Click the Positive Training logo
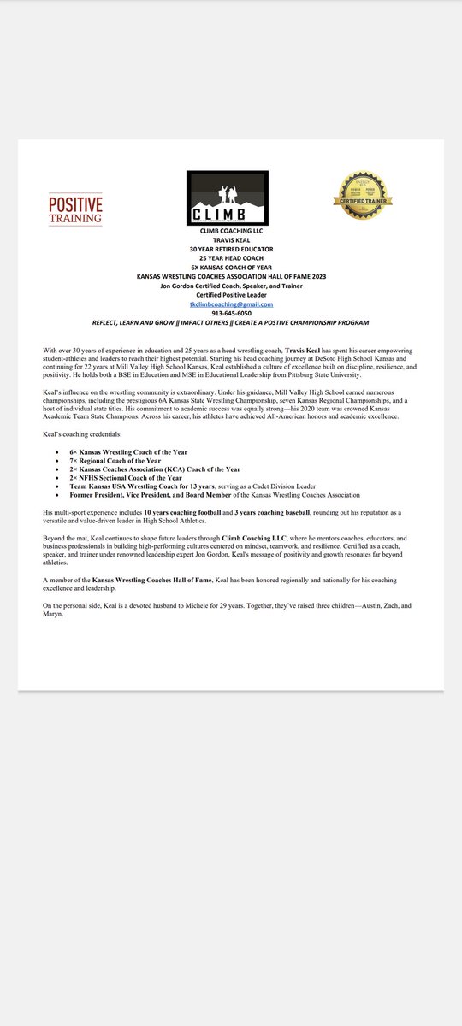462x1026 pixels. pos(75,209)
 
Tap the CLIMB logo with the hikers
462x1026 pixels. pos(228,198)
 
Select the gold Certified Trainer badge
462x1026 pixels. pos(363,198)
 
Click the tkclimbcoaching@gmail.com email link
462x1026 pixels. pos(231,304)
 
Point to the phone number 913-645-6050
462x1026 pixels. pos(231,314)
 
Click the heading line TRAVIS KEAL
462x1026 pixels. pos(231,241)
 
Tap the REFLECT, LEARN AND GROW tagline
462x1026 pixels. pos(231,323)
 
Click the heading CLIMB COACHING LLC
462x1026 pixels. pos(231,232)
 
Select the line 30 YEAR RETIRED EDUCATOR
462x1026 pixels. pos(231,250)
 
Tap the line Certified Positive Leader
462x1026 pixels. pos(231,296)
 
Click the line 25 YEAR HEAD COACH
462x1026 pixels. pos(231,259)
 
